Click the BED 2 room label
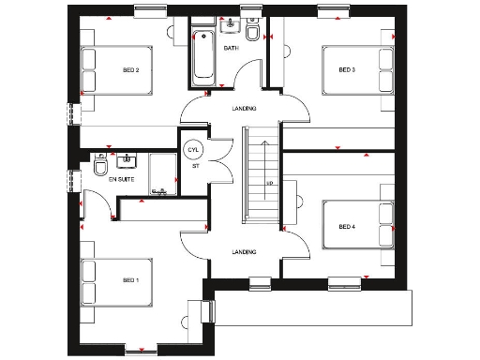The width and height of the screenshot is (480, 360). click(131, 69)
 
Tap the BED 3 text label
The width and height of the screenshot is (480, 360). click(347, 69)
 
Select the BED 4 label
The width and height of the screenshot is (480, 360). click(347, 226)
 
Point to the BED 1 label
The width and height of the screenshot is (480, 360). click(131, 279)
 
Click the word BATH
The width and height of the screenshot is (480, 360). click(231, 47)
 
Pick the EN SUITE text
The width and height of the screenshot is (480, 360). click(121, 177)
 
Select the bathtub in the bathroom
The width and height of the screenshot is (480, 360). click(202, 56)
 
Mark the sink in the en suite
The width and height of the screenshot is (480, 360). click(130, 159)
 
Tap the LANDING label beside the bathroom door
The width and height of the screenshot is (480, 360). click(244, 109)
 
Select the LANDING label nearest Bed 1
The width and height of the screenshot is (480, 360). click(244, 251)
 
